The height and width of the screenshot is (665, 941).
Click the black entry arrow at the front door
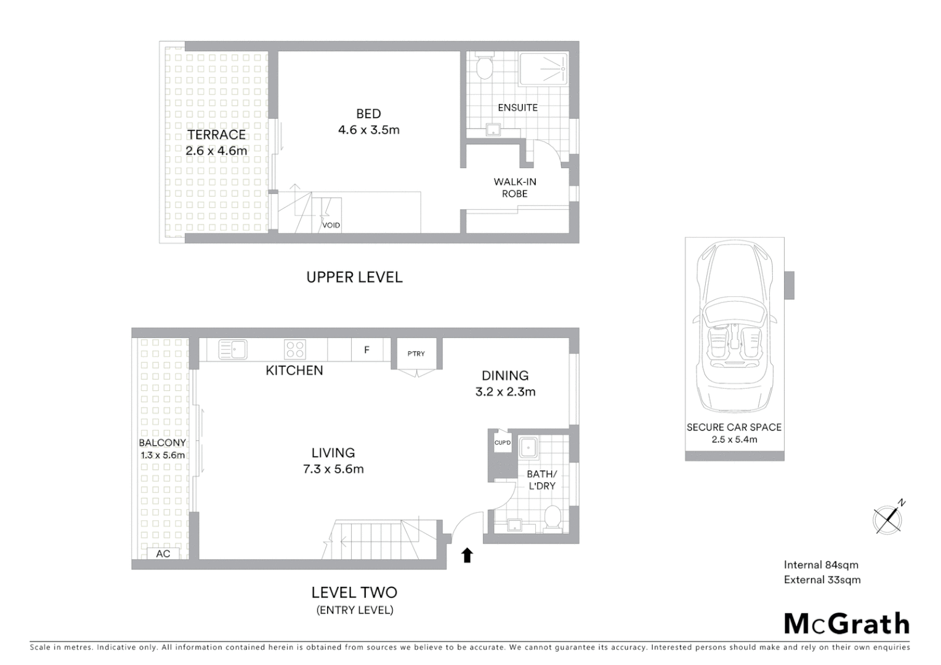click(x=467, y=555)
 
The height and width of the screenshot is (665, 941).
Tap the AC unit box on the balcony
click(x=163, y=554)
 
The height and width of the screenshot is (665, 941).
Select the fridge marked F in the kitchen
click(x=366, y=350)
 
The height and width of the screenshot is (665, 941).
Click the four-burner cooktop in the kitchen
click(x=295, y=350)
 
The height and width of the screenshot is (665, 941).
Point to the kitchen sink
click(x=233, y=350)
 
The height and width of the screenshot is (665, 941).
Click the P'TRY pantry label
click(x=416, y=353)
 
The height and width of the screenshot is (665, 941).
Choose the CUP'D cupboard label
click(x=503, y=443)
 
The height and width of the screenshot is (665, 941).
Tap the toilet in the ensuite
click(x=485, y=67)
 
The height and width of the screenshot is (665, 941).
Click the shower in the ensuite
click(x=543, y=69)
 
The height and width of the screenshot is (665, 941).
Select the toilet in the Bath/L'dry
click(x=552, y=518)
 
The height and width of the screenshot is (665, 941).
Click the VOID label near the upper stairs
click(x=331, y=225)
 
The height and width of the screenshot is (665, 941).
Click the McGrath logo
click(x=847, y=624)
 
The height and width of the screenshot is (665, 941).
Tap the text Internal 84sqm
click(x=821, y=565)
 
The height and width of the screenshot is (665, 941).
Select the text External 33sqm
click(x=822, y=579)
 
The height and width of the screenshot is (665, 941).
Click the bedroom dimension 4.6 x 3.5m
click(x=369, y=130)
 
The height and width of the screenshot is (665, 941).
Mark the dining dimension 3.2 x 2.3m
click(x=505, y=392)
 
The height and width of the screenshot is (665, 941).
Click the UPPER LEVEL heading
click(x=355, y=277)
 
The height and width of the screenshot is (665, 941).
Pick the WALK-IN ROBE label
click(x=515, y=188)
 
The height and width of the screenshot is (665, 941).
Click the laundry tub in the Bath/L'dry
click(x=528, y=448)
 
